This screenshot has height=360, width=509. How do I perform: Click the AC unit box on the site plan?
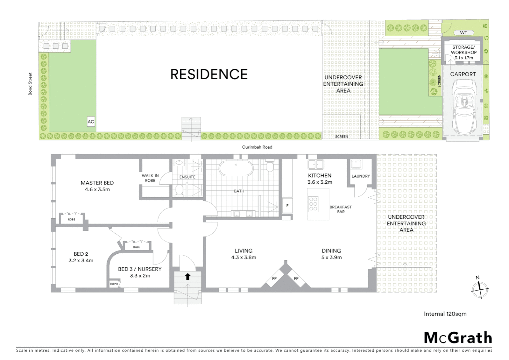(91, 122)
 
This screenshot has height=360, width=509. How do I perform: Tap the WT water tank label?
(463, 33)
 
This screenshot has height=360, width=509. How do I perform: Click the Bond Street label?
(30, 84)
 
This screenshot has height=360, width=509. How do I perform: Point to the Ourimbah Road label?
(257, 147)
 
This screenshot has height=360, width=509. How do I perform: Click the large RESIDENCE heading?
(209, 74)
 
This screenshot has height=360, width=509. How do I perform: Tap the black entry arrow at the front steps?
(188, 276)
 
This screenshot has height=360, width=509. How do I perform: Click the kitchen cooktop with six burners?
(313, 204)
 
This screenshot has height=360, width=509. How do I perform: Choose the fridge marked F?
(287, 206)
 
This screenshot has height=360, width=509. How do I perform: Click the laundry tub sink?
(356, 164)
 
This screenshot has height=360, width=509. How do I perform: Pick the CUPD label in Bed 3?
(114, 284)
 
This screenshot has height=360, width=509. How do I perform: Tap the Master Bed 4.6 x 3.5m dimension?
(97, 189)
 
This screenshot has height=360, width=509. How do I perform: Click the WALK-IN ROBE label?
(150, 178)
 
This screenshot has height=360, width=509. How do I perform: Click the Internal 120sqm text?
(445, 314)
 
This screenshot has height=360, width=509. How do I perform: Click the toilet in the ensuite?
(179, 190)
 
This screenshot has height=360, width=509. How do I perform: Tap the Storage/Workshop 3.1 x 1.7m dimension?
(464, 58)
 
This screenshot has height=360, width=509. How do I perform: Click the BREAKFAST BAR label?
(340, 209)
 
